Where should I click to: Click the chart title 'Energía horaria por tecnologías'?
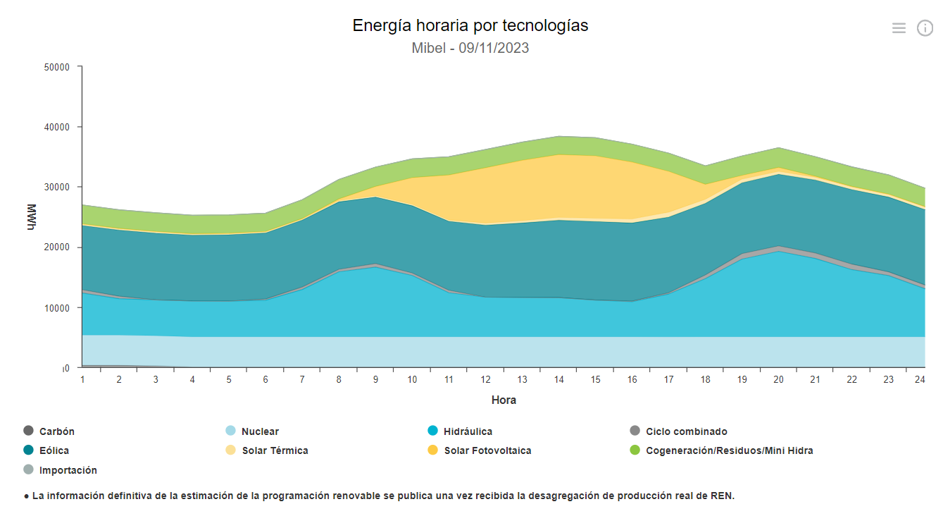tap(470, 26)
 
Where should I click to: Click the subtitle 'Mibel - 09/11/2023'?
tap(470, 49)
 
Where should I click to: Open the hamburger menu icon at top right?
tap(899, 28)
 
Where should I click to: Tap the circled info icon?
tap(924, 28)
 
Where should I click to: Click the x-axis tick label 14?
tap(558, 379)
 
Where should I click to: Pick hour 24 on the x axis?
tap(919, 379)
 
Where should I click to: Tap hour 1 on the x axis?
tap(82, 379)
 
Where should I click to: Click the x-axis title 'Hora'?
tap(504, 400)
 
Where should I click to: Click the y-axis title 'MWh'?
tap(32, 217)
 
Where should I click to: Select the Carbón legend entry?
tap(56, 431)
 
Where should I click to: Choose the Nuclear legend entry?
tap(259, 431)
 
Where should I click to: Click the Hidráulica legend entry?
tap(468, 431)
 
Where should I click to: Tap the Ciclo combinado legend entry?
tap(686, 431)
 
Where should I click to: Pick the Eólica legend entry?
tap(54, 450)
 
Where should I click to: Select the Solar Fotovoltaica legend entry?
tap(487, 450)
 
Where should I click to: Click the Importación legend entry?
tap(68, 470)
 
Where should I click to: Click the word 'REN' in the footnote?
tap(722, 496)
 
